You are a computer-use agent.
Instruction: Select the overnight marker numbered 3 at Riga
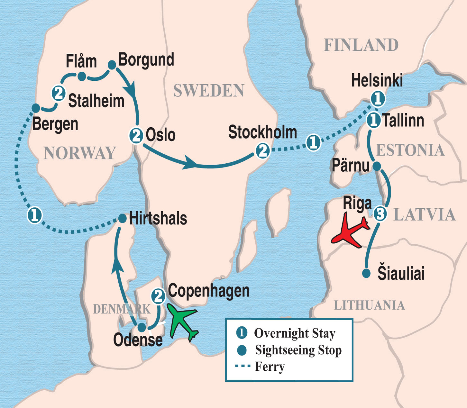pyautogui.click(x=380, y=213)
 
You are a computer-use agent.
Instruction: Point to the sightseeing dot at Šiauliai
pyautogui.click(x=366, y=273)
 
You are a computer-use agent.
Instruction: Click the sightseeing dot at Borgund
pyautogui.click(x=112, y=65)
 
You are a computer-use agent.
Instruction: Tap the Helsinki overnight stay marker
pyautogui.click(x=378, y=98)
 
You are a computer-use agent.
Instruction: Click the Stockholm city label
pyautogui.click(x=262, y=132)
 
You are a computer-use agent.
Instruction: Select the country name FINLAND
pyautogui.click(x=361, y=45)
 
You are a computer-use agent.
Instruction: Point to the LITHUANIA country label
pyautogui.click(x=369, y=305)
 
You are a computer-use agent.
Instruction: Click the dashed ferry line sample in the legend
pyautogui.click(x=243, y=366)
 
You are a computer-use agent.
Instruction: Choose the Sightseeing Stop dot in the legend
pyautogui.click(x=242, y=350)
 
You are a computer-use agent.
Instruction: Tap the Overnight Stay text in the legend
pyautogui.click(x=295, y=333)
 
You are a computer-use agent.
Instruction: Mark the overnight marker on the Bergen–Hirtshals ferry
pyautogui.click(x=34, y=215)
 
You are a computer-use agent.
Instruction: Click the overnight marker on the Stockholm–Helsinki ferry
pyautogui.click(x=313, y=142)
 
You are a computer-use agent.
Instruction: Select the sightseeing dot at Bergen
pyautogui.click(x=36, y=108)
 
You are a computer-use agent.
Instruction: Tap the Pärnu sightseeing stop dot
pyautogui.click(x=377, y=166)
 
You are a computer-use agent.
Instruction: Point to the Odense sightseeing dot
pyautogui.click(x=142, y=328)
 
